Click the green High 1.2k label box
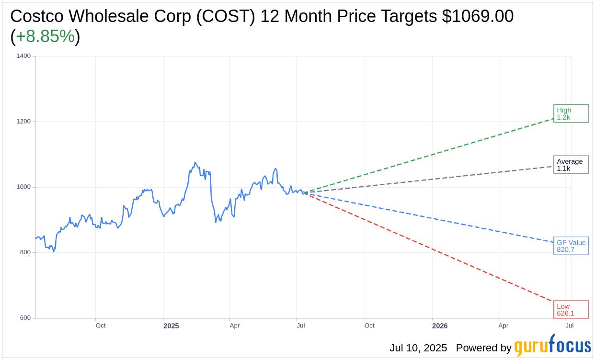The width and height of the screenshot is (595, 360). pos(571,113)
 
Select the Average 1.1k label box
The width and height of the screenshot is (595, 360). pos(571,165)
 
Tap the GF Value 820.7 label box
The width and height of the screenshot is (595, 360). pos(571,246)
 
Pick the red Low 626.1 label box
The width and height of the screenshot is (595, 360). pos(571,310)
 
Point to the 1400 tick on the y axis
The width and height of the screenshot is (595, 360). pos(23,56)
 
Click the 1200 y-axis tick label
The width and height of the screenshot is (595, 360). pos(23,122)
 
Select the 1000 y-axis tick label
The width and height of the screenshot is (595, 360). pos(23,187)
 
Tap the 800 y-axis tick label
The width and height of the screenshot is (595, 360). pos(25,252)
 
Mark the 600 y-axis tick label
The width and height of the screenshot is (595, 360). pos(25,318)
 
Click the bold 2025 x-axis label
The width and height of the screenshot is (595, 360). pos(171,326)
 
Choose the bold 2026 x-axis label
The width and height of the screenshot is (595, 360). pos(440,326)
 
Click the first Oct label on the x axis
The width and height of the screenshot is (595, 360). pos(101,326)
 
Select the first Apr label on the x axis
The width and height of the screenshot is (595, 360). pos(234,326)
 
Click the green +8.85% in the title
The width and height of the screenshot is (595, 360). pos(45,36)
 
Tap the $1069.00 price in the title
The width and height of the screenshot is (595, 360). pos(478,16)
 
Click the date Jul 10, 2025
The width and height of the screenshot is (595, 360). pos(418,348)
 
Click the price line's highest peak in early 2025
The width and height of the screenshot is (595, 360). pos(195,163)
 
